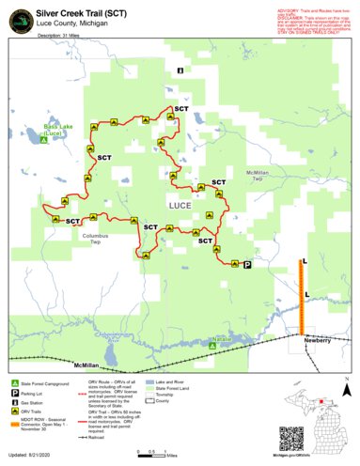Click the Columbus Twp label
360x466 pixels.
pyautogui.click(x=95, y=239)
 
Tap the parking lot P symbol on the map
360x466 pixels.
pyautogui.click(x=247, y=266)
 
